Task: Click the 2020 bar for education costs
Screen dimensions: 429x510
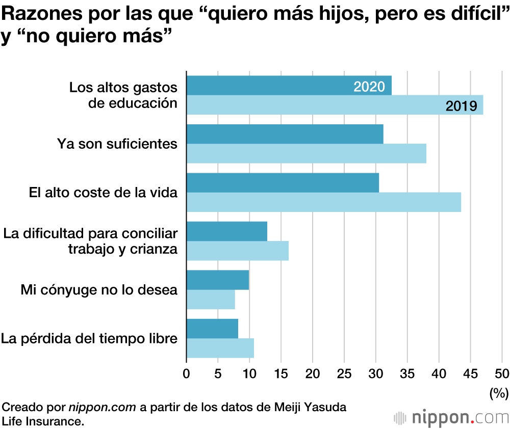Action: [270, 86]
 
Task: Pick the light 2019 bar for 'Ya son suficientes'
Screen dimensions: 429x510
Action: [306, 153]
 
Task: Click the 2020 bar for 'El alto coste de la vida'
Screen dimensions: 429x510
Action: [283, 183]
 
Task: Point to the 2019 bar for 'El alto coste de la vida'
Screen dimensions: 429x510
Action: [323, 202]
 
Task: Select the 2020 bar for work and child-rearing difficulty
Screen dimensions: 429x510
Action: [227, 231]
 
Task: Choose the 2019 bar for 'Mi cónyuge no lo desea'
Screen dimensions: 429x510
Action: [211, 300]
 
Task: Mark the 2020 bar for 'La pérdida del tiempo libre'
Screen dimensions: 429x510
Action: [212, 329]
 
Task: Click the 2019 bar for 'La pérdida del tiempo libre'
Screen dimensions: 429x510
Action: [220, 348]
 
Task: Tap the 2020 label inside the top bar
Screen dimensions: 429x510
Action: [369, 87]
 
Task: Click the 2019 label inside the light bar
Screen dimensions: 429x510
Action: [461, 106]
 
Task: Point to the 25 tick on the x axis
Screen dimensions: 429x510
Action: [344, 373]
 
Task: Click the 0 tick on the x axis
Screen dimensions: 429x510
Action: [187, 373]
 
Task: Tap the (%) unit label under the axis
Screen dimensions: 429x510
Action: [497, 392]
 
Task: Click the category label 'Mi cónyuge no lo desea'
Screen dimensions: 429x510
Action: [99, 290]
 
